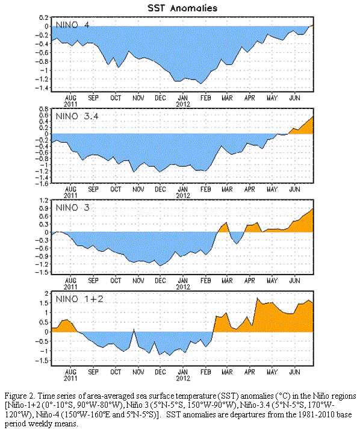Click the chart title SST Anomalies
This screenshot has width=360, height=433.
[182, 8]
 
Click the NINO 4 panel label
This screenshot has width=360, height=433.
[72, 25]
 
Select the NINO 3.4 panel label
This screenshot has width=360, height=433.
[77, 116]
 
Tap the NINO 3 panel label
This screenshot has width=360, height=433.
[73, 208]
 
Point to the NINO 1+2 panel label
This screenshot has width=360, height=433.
[79, 299]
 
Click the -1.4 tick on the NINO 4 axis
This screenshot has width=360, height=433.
[42, 88]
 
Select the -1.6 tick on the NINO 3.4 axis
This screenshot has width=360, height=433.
[42, 183]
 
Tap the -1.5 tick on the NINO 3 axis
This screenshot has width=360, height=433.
[42, 272]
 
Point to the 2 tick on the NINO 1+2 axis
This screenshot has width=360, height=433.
[47, 293]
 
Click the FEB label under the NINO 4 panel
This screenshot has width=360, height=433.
[205, 98]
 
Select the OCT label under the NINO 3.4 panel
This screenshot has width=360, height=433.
[116, 190]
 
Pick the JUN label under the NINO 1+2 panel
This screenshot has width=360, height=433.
[294, 372]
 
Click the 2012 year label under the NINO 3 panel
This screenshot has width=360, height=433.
[183, 287]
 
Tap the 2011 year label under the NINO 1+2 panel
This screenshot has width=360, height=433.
[70, 379]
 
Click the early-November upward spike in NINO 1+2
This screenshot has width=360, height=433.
[134, 329]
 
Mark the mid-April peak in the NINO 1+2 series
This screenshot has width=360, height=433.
[257, 298]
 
